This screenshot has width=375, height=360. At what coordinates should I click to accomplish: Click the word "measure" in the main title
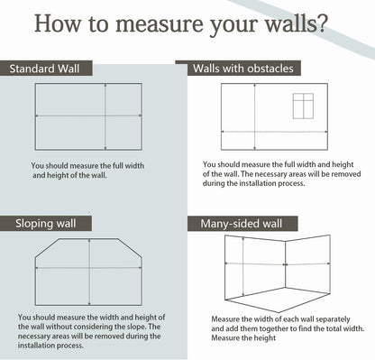coord(160,23)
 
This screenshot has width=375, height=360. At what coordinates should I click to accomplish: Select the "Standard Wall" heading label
coord(44,69)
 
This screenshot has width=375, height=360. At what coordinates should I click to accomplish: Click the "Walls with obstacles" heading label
coord(243,69)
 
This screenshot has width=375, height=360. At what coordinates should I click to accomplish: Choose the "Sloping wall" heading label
coord(46,224)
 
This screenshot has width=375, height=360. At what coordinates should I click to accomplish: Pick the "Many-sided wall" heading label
coord(242,224)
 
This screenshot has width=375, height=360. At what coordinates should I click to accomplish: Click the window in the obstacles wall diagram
coord(303,106)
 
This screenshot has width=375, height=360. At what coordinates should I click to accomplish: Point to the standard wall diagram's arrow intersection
coord(105,115)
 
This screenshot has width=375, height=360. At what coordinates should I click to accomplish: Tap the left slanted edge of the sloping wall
coord(47,248)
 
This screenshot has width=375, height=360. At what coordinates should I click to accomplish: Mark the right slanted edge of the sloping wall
coord(130,248)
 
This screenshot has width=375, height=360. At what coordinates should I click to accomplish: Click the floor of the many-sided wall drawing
coord(278,300)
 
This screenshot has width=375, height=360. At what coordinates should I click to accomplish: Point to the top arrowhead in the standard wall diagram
coord(105,86)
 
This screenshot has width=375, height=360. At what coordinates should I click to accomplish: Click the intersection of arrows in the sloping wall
coord(89,267)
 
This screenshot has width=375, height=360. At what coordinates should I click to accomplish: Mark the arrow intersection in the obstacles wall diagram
coord(255,132)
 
